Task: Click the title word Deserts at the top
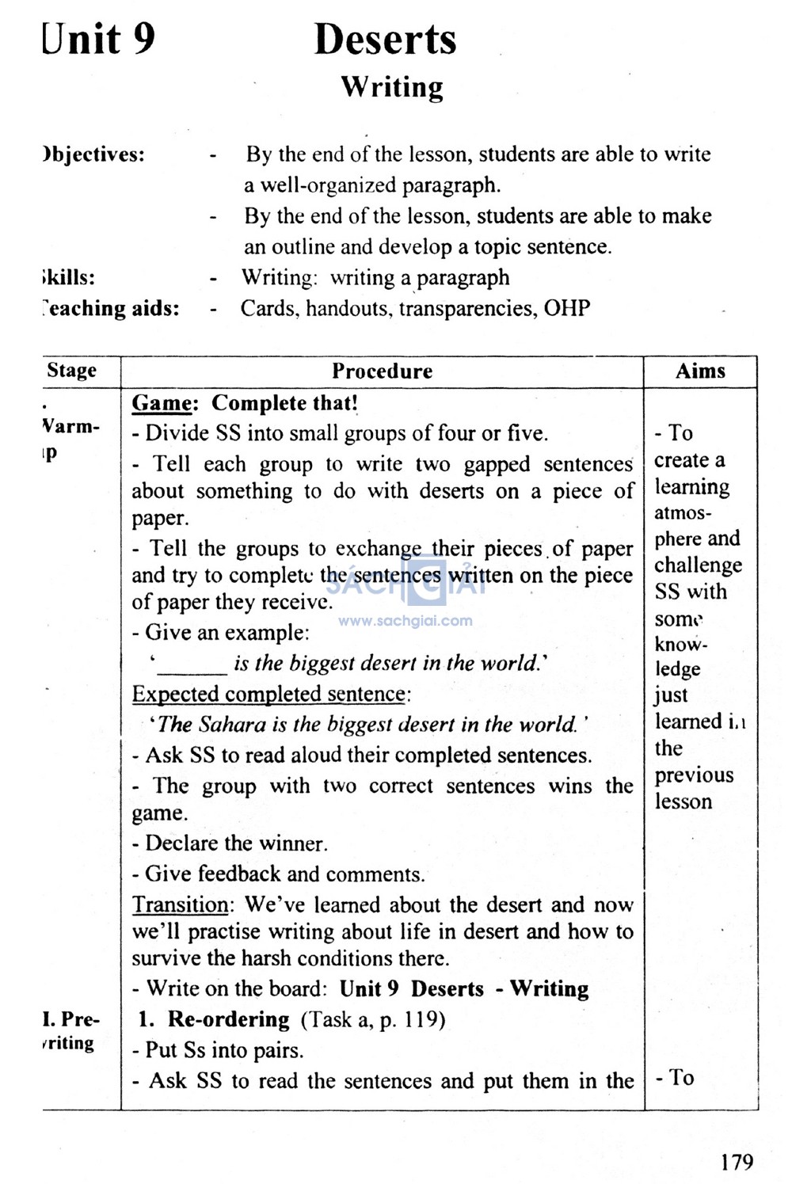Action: click(385, 40)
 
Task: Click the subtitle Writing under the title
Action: click(392, 87)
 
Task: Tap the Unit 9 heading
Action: click(99, 40)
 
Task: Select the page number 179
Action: click(737, 1162)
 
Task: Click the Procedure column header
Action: click(382, 371)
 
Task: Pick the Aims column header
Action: click(700, 371)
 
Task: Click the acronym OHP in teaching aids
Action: click(567, 308)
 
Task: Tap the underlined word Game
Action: click(162, 403)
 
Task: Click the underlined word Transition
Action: click(180, 904)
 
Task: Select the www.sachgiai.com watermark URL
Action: click(405, 621)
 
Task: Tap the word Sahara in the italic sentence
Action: click(233, 725)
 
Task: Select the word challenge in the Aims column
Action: click(698, 565)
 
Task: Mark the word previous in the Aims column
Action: click(694, 775)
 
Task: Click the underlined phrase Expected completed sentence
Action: click(268, 695)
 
